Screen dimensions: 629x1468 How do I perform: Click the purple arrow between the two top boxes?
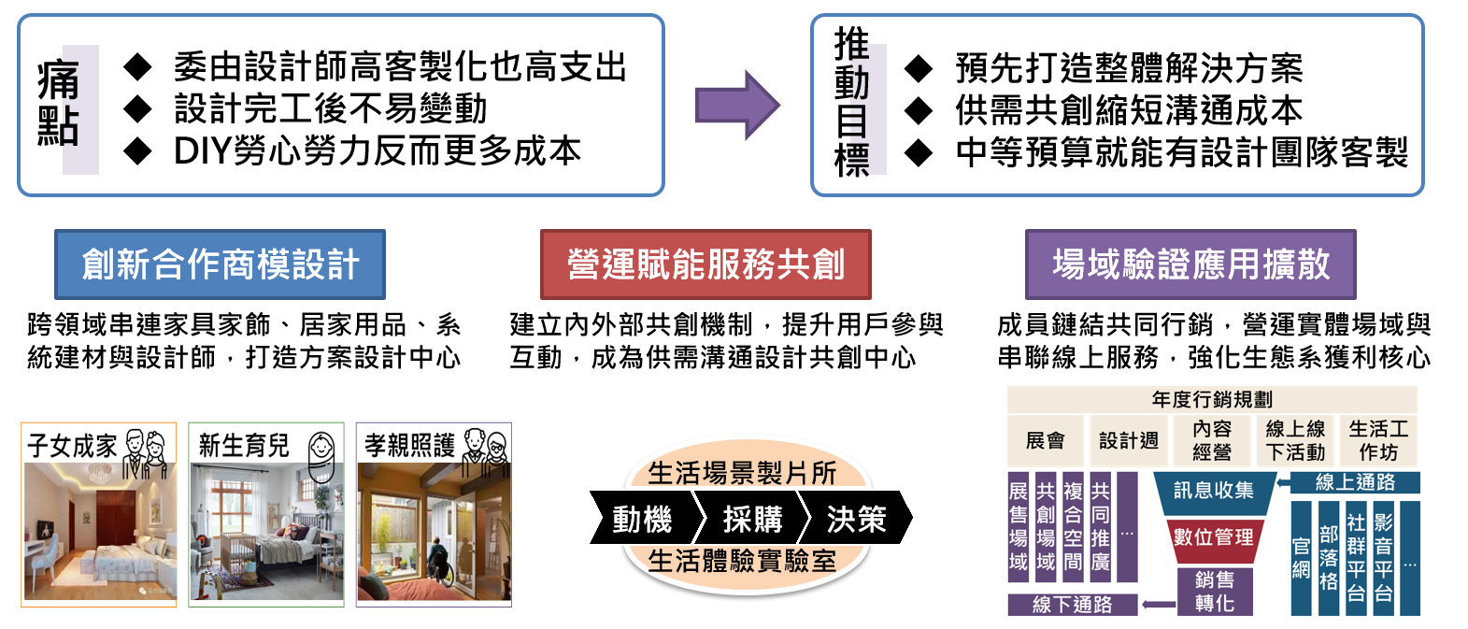pyautogui.click(x=736, y=105)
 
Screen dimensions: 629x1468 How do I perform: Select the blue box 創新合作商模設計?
pyautogui.click(x=220, y=264)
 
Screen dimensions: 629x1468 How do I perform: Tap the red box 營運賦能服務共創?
pyautogui.click(x=705, y=264)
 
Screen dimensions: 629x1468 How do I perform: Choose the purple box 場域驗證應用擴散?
pyautogui.click(x=1190, y=264)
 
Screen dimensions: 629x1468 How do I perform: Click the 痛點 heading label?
pyautogui.click(x=59, y=105)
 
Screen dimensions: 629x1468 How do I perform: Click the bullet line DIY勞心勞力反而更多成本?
pyautogui.click(x=378, y=150)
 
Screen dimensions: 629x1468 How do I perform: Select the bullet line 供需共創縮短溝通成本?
pyautogui.click(x=1129, y=110)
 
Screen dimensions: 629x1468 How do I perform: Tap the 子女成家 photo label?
pyautogui.click(x=73, y=445)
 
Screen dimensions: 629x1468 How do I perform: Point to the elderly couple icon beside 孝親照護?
pyautogui.click(x=486, y=447)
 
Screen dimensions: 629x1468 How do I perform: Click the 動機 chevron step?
pyautogui.click(x=642, y=519)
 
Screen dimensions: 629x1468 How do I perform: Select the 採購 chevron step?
pyautogui.click(x=752, y=519)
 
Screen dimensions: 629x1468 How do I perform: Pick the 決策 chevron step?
pyautogui.click(x=856, y=519)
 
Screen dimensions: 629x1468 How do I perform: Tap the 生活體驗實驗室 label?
pyautogui.click(x=742, y=561)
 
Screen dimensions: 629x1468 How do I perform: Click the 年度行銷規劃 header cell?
pyautogui.click(x=1212, y=399)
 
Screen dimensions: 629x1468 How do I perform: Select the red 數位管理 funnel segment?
pyautogui.click(x=1213, y=537)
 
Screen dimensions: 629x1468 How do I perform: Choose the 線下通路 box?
pyautogui.click(x=1072, y=605)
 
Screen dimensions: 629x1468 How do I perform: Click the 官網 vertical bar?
pyautogui.click(x=1301, y=559)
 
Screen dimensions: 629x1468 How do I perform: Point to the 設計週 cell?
pyautogui.click(x=1129, y=440)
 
